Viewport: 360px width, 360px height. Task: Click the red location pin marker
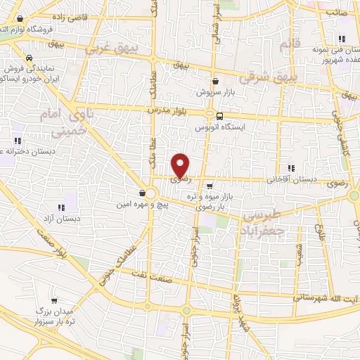181,166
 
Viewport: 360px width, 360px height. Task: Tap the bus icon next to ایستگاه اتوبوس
220,117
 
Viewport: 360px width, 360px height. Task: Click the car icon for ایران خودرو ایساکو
29,58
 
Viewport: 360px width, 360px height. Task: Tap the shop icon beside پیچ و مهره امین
143,193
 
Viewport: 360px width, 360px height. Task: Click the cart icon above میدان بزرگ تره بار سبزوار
55,300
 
